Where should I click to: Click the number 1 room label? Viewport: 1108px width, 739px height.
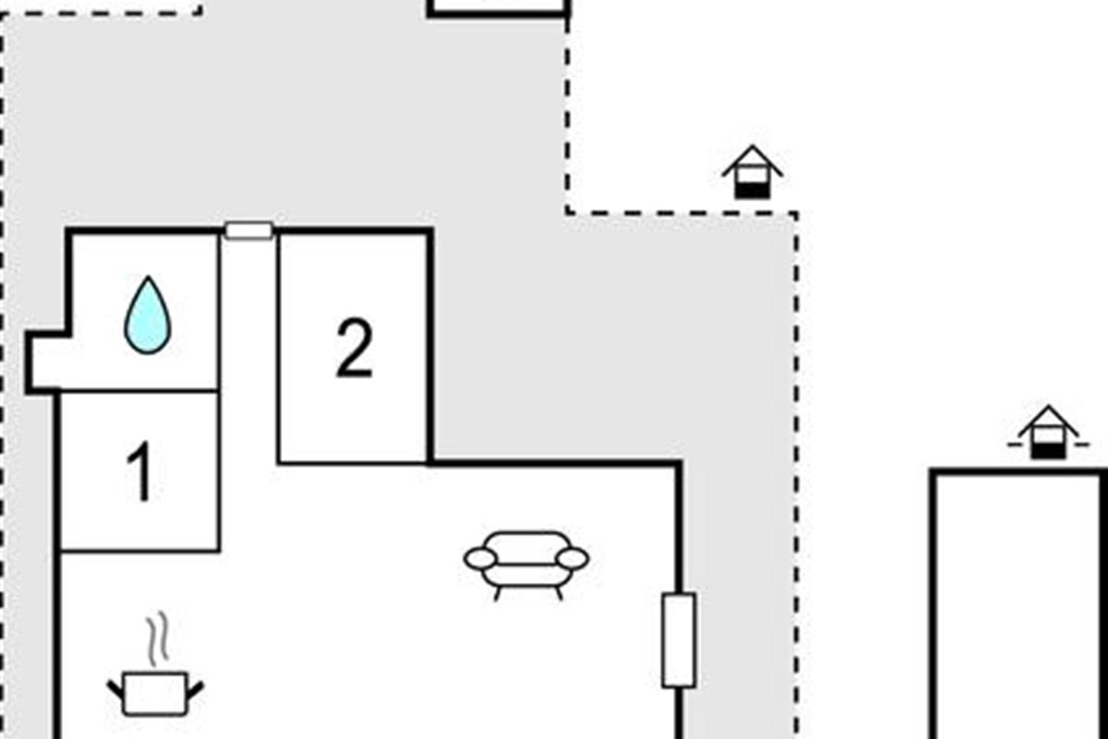pos(140,471)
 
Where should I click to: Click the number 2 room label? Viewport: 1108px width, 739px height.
pos(355,347)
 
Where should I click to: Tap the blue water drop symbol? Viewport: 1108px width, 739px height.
pos(148,315)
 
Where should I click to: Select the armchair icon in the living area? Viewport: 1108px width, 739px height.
pos(526,565)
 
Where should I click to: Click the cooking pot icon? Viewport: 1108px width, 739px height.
pos(155,693)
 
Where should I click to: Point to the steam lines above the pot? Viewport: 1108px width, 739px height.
pos(158,638)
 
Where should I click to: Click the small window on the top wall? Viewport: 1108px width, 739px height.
pos(248,231)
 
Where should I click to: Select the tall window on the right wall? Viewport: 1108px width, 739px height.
pos(679,640)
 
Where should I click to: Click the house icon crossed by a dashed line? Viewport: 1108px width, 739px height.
pos(1049,432)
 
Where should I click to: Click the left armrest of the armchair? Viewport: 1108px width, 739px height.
pos(480,559)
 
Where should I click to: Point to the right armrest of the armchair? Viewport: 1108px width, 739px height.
pos(572,559)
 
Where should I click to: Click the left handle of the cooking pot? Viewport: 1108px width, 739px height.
pos(115,690)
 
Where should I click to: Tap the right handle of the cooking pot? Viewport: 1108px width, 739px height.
pos(196,690)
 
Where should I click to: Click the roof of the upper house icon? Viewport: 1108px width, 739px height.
pos(753,160)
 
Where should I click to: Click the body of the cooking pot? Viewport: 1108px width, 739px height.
pos(155,694)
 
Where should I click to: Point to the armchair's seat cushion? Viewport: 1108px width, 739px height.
pos(526,576)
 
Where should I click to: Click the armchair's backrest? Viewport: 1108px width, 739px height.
pos(526,549)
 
